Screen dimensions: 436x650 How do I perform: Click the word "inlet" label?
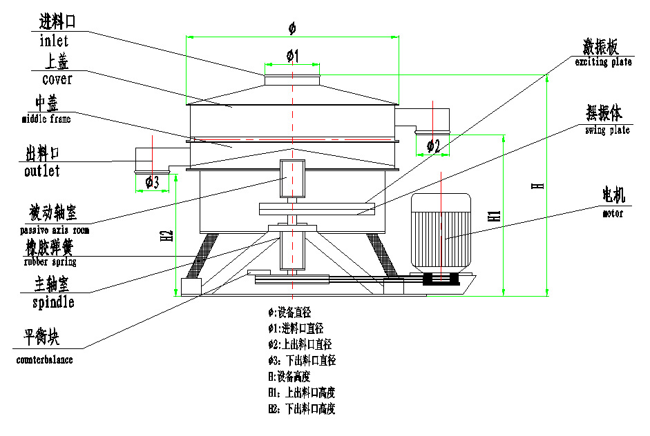pos(55,41)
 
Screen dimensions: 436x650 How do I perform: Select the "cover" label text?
pos(57,80)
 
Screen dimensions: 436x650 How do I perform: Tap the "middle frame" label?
pos(46,119)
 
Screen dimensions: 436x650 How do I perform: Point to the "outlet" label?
pos(41,171)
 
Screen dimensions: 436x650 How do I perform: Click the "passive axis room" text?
pos(55,230)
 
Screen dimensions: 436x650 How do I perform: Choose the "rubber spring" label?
pos(50,262)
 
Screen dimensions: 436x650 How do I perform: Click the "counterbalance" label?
pos(44,359)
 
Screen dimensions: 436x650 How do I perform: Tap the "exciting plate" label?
pos(604,62)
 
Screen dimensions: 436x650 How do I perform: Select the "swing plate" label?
pos(607,130)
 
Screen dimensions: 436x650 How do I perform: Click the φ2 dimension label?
pos(433,146)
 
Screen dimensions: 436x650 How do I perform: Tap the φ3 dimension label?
pos(152,182)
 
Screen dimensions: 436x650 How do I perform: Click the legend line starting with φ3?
pos(302,360)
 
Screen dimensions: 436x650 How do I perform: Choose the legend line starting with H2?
pos(302,408)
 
